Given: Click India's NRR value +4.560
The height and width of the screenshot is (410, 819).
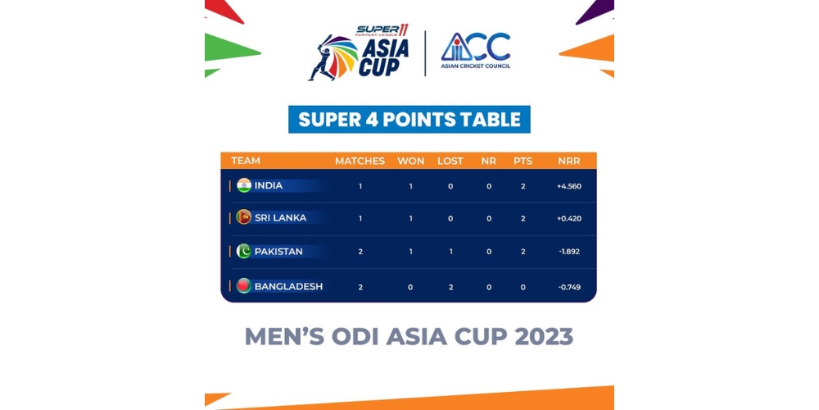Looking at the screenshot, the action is pyautogui.click(x=569, y=186).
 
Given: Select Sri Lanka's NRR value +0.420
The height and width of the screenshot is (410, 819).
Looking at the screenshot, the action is pyautogui.click(x=569, y=219).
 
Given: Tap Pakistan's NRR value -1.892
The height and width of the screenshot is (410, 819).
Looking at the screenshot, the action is pyautogui.click(x=569, y=252).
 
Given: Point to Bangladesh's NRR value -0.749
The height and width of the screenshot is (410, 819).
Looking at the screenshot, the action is pyautogui.click(x=569, y=286).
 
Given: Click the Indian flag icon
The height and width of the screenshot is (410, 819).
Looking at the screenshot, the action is pyautogui.click(x=244, y=185).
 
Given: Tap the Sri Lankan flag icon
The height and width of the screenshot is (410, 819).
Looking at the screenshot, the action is pyautogui.click(x=244, y=217).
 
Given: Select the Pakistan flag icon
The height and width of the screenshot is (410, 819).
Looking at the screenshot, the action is pyautogui.click(x=244, y=251).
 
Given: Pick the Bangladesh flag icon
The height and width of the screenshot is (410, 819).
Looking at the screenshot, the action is pyautogui.click(x=244, y=285).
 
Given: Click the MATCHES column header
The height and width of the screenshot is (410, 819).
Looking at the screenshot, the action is pyautogui.click(x=360, y=161).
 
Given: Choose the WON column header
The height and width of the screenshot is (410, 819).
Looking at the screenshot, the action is pyautogui.click(x=410, y=161).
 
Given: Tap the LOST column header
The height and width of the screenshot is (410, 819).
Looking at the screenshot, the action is pyautogui.click(x=450, y=161).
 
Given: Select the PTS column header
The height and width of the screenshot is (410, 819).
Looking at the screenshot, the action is pyautogui.click(x=523, y=161).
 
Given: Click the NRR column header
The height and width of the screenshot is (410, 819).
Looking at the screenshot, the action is pyautogui.click(x=569, y=161).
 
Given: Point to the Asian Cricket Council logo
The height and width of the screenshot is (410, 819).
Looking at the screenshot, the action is pyautogui.click(x=475, y=51).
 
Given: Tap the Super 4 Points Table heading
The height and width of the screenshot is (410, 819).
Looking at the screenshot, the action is pyautogui.click(x=409, y=119).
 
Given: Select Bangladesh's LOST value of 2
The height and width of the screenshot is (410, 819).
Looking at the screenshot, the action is pyautogui.click(x=450, y=286).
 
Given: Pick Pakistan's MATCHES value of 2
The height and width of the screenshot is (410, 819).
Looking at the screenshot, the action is pyautogui.click(x=360, y=252).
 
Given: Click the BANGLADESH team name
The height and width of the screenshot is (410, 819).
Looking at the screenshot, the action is pyautogui.click(x=288, y=286).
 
